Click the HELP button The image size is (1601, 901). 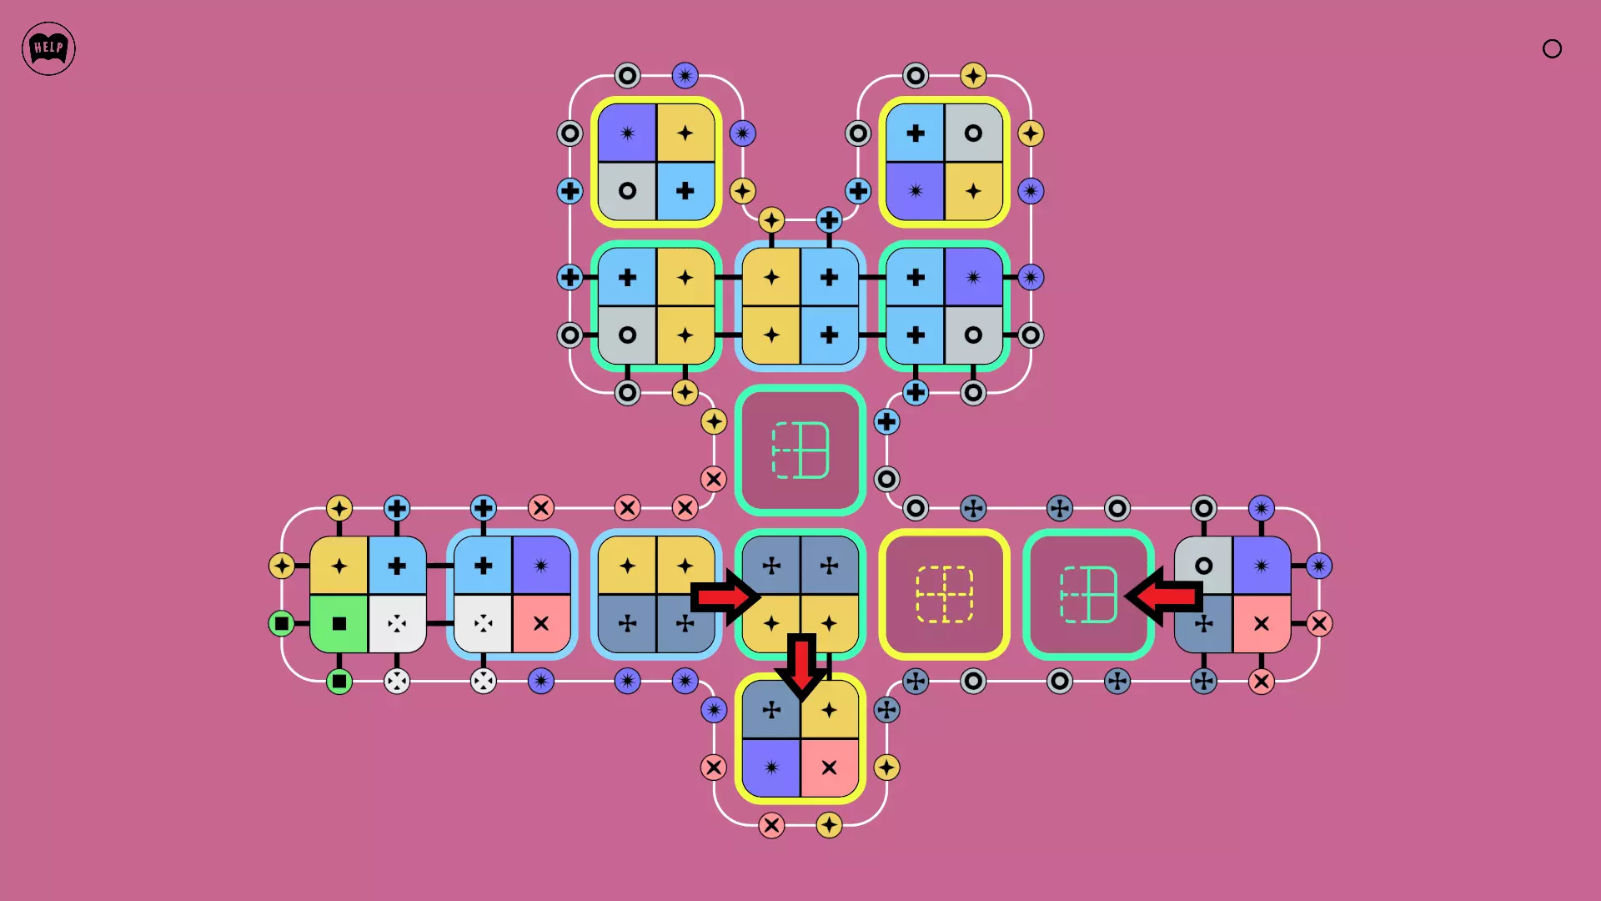coord(48,48)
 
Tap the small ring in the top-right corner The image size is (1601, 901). coord(1552,48)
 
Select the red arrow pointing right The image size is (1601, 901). coord(725,596)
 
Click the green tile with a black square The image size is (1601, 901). coord(339,623)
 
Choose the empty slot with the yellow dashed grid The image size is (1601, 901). coord(944,594)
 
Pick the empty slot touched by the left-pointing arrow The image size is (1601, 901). coord(1088,594)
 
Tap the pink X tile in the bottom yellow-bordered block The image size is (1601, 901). coord(830,768)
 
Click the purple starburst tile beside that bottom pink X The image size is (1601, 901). coord(771,768)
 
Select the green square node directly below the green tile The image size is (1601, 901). coord(339,682)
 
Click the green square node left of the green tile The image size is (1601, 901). coord(282,623)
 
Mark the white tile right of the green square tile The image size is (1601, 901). coord(397,623)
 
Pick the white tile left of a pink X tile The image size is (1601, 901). coord(483,623)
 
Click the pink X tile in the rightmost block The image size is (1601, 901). coord(1262,623)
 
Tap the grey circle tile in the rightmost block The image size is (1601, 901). coord(1203,566)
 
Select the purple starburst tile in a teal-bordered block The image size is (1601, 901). coord(973,277)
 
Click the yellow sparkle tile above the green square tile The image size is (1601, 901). coord(339,566)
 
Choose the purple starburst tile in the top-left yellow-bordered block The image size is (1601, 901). coord(627,133)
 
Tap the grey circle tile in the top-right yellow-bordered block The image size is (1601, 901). coord(973,133)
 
